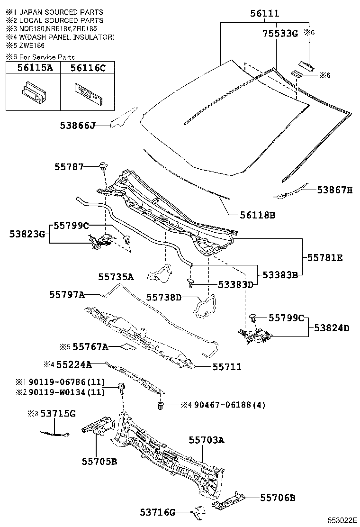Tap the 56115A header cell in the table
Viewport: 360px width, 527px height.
35,68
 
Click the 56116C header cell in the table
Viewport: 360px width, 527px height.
88,68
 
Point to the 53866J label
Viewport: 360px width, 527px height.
78,126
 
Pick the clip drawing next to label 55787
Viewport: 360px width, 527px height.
103,166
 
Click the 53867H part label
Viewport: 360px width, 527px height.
335,190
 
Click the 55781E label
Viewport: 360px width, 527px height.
324,258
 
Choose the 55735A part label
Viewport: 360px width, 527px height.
116,276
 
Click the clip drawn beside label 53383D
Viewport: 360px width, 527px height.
191,283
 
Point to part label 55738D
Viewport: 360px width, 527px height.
163,297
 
